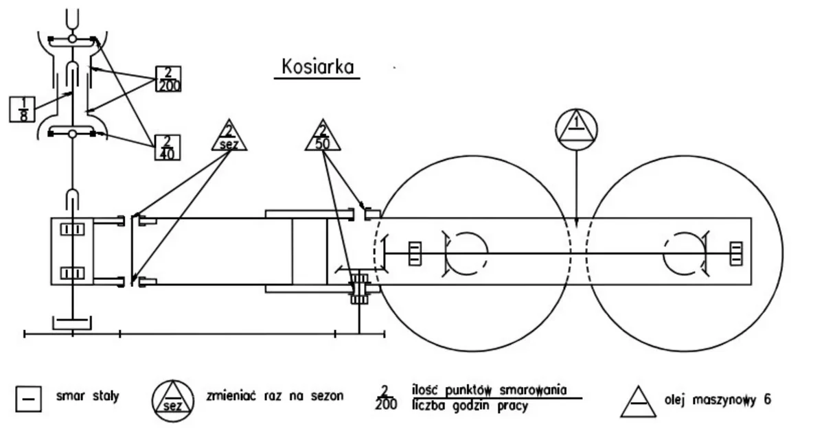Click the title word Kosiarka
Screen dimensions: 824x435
(x=317, y=67)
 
